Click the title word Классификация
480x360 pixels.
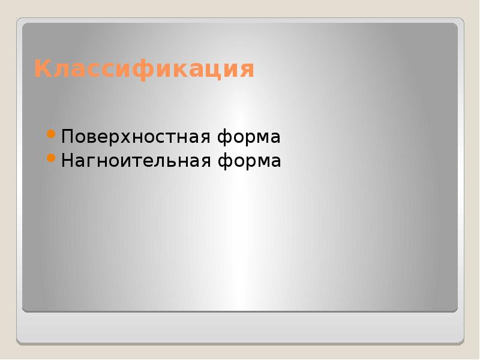tap(144, 70)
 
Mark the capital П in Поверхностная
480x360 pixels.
tap(67, 137)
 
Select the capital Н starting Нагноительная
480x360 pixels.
tap(67, 161)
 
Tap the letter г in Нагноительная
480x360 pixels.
tap(89, 162)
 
